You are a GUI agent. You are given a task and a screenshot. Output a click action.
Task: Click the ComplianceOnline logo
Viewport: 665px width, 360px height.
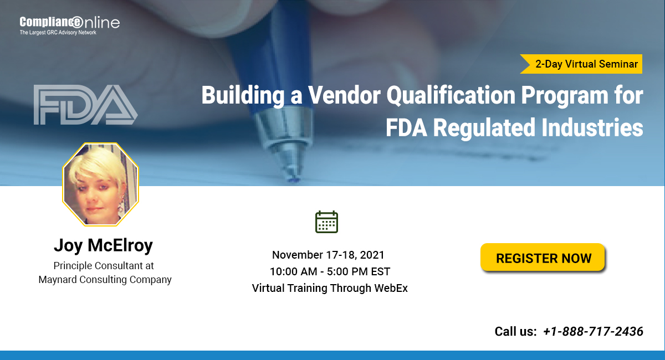coord(69,23)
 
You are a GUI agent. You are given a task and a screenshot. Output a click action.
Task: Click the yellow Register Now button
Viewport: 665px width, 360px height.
coord(543,258)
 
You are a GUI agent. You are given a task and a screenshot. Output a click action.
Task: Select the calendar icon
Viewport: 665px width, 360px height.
coord(326,222)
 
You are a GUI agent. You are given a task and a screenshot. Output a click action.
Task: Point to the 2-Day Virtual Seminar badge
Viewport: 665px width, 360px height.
coord(585,64)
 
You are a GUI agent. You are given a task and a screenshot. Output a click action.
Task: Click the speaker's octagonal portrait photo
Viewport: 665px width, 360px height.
coord(100,184)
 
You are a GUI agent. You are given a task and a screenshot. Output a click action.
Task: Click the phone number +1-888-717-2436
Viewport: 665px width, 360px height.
coord(593,331)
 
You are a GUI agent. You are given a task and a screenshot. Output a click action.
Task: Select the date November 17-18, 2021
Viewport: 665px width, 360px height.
coord(328,255)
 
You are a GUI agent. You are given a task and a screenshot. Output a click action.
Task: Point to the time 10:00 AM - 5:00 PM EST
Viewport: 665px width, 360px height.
coord(330,272)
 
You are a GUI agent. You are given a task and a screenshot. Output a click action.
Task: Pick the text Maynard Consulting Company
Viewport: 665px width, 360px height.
coord(105,280)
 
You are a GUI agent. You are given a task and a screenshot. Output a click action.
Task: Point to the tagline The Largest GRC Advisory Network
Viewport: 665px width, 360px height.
coord(58,33)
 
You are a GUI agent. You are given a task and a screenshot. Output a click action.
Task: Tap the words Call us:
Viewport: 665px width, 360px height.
coord(515,332)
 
